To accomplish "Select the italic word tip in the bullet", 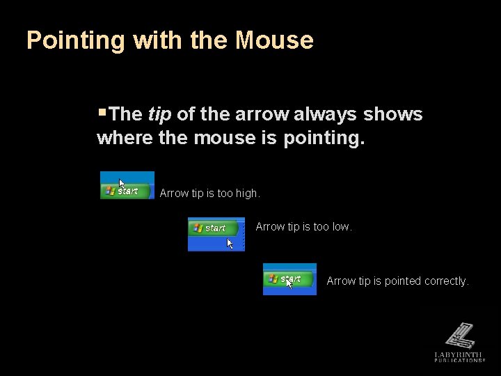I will pos(160,114).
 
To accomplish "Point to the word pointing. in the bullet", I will pos(324,138).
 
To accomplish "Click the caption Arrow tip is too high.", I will pos(209,194).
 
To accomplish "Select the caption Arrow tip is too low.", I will pos(304,226).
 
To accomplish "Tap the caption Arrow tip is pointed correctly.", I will pos(397,281).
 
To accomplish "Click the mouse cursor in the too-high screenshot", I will pos(122,185).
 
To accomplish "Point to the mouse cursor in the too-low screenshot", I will pos(230,244).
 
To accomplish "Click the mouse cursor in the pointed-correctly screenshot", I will pos(289,282).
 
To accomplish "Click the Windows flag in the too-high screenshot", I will pos(110,191).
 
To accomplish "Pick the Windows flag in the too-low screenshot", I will pos(198,228).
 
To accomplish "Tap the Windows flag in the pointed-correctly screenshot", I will pos(273,279).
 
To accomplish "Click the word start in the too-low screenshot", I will pos(215,228).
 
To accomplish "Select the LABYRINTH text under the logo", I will pos(459,354).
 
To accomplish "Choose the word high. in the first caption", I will pos(247,194).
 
